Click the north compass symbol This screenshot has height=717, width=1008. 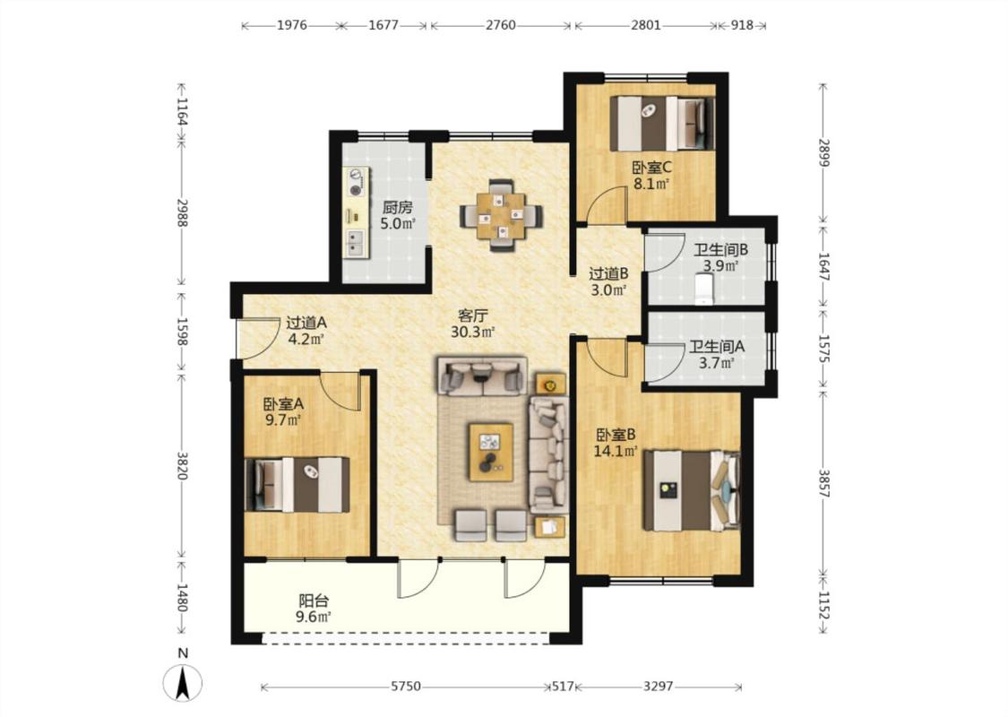pos(183,682)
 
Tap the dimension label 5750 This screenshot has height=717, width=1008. pos(406,687)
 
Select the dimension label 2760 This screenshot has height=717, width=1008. pos(500,25)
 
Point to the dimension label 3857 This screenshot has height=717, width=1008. pos(823,482)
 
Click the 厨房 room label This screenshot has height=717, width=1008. pos(397,208)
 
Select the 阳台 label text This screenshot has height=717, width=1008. pos(314,601)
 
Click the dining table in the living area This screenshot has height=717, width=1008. pos(502,215)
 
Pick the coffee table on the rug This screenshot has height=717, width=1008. pos(490,452)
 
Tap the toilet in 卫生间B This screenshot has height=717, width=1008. pos(705,289)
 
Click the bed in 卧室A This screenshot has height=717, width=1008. pos(297,485)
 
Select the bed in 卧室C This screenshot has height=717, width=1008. pos(663,124)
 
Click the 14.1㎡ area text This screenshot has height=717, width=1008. pos(616,452)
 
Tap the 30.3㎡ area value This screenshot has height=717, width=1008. pos(472,333)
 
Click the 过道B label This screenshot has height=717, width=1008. pos(608,273)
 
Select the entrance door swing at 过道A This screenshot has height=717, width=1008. pos(256,339)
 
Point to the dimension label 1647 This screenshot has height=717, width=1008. pos(823,265)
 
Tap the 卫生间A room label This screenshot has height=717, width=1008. pos(717,347)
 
